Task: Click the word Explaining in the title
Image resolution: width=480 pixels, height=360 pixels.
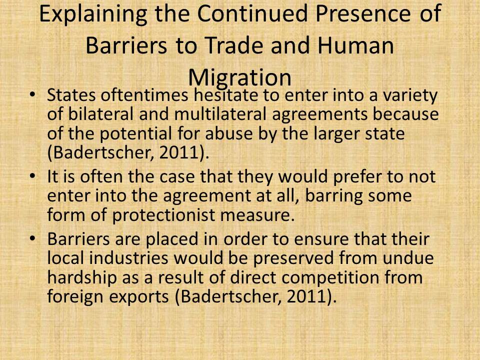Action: [x=93, y=14]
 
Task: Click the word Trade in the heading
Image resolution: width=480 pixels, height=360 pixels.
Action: [x=234, y=45]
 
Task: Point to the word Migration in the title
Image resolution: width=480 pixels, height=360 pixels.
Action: [x=239, y=78]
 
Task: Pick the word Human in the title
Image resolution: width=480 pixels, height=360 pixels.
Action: [x=355, y=45]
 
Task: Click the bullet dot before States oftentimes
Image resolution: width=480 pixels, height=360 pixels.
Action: [x=32, y=94]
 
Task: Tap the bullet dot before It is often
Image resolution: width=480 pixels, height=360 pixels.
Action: [x=32, y=176]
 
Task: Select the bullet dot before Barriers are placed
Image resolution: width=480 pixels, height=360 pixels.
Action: [x=32, y=239]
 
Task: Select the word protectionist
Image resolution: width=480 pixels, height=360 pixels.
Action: [x=164, y=215]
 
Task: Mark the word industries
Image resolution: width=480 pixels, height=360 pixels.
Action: [x=129, y=258]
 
